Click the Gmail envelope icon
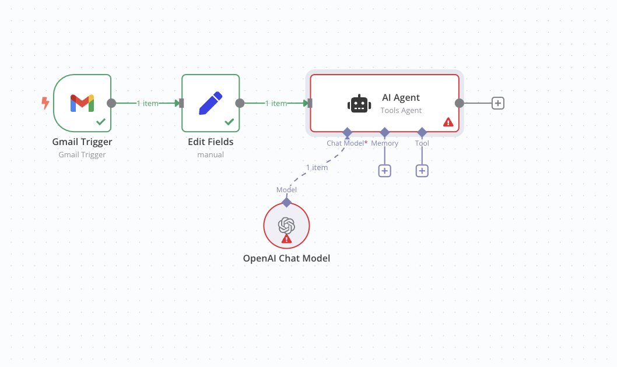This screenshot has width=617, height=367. point(82,103)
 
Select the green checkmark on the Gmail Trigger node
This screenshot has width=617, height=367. point(101,122)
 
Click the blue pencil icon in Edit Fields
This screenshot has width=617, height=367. point(211,103)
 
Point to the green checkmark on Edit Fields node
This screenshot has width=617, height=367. point(229,122)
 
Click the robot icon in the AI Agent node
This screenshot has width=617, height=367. point(359,104)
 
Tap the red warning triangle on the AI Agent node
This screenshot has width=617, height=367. point(448,122)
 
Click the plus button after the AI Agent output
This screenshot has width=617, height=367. point(497,103)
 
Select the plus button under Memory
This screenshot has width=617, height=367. point(385,171)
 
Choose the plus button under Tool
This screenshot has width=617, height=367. point(422,171)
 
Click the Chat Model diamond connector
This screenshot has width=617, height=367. point(347,132)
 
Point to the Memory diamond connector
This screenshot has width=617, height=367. point(385,132)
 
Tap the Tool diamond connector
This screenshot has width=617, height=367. point(422,132)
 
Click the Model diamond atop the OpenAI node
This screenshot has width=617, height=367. point(286,202)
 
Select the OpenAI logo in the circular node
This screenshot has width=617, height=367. point(286,225)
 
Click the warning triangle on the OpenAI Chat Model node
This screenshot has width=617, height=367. point(286,239)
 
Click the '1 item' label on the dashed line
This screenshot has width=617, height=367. point(317,167)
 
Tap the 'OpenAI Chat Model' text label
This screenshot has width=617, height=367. point(286,258)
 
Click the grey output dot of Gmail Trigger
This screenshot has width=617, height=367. point(111,103)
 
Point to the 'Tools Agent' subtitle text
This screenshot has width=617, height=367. point(401,110)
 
